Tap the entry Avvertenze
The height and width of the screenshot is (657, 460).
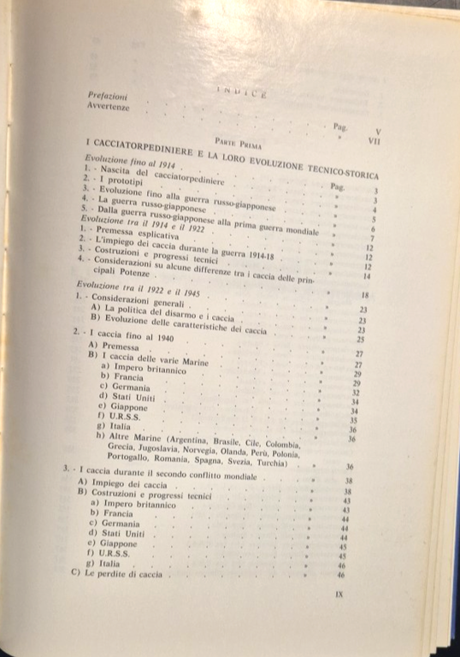tap(109, 107)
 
